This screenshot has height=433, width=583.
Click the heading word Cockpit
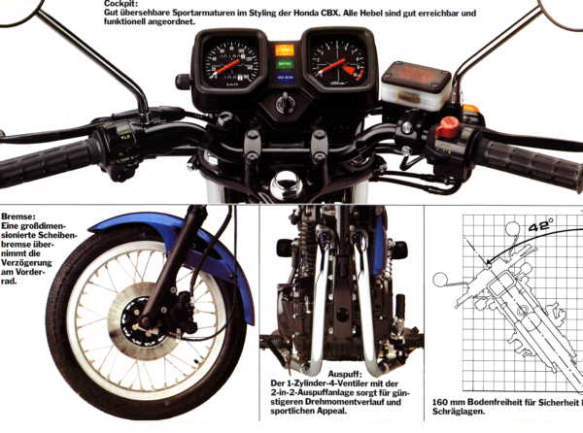coord(121,4)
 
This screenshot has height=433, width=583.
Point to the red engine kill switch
coord(447,126)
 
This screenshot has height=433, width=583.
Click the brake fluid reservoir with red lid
coord(415,85)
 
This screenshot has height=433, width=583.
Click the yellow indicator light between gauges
coord(285,49)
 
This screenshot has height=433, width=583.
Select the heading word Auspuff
coord(346,372)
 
